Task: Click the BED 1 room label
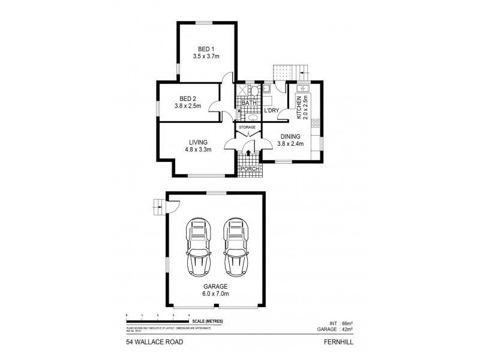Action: (206, 49)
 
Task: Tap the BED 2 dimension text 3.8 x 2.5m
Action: (188, 106)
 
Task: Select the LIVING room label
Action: (198, 142)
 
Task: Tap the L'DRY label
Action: (272, 110)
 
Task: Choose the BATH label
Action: (249, 103)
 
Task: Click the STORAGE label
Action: (247, 127)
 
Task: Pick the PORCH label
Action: (248, 169)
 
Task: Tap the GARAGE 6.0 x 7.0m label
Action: (214, 290)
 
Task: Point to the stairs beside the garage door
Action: (158, 208)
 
